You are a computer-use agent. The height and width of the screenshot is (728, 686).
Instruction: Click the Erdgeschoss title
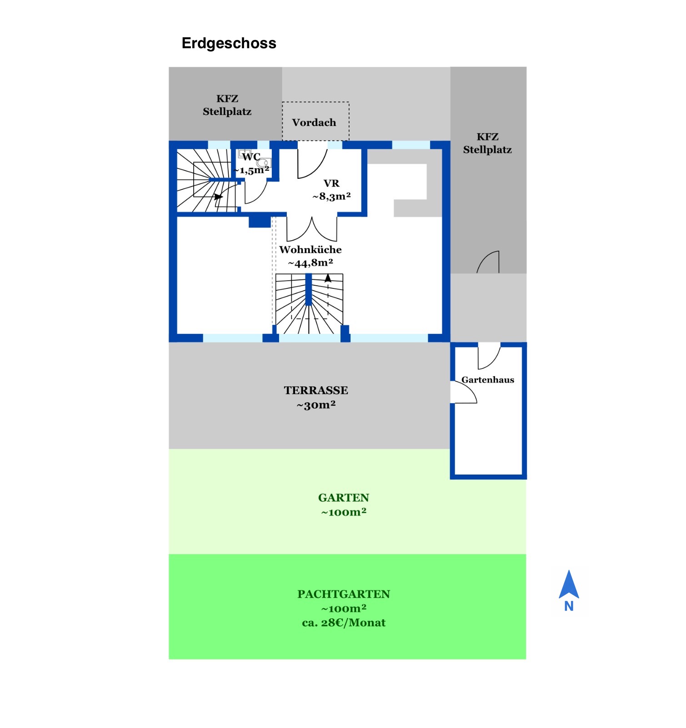[x=229, y=43]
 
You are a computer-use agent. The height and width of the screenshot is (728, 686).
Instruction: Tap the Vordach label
[x=314, y=122]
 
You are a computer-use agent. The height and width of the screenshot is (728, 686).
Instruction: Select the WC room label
[x=251, y=157]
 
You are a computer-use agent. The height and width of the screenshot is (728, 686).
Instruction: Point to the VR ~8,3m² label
[x=331, y=190]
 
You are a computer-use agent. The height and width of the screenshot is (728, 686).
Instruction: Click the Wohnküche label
[x=310, y=249]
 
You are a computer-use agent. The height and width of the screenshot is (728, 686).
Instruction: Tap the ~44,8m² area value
[x=310, y=263]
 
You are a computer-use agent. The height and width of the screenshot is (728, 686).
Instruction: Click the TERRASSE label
[x=316, y=390]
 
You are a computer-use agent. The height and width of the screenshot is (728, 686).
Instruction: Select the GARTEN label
[x=343, y=498]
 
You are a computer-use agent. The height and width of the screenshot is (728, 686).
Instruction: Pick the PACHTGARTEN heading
[x=344, y=594]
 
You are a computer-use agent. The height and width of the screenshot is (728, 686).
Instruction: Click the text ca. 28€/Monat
[x=344, y=623]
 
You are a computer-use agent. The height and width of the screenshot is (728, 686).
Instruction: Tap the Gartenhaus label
[x=488, y=380]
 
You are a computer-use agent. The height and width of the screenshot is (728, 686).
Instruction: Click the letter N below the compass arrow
[x=569, y=607]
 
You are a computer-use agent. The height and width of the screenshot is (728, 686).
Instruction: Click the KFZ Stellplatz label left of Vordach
[x=227, y=105]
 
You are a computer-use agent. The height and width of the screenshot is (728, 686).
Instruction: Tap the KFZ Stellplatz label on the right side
[x=487, y=143]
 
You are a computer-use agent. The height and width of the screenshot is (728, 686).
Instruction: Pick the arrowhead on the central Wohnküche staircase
[x=328, y=277]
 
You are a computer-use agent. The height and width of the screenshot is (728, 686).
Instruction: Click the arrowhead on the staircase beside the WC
[x=219, y=197]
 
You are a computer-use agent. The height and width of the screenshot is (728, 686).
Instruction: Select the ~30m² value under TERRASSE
[x=316, y=405]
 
